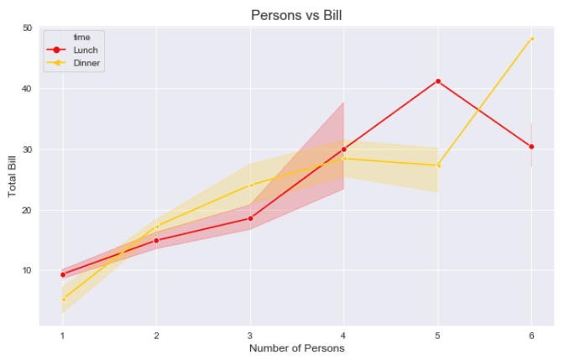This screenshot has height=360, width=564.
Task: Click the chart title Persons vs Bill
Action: click(x=297, y=15)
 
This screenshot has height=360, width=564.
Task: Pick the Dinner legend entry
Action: click(x=86, y=63)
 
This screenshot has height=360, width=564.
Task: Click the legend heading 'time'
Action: click(x=81, y=37)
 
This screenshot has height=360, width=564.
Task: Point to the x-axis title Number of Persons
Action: click(x=296, y=348)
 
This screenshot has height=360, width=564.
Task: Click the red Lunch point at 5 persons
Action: click(x=437, y=81)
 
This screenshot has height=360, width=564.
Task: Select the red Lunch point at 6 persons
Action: click(x=531, y=147)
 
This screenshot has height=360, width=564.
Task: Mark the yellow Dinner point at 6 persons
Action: click(x=531, y=39)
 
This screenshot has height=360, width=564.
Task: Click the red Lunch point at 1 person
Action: click(x=62, y=274)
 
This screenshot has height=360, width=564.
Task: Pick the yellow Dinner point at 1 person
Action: click(x=62, y=300)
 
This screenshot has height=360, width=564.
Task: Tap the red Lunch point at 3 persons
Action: click(x=250, y=218)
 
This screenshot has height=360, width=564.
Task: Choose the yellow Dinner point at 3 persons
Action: click(x=250, y=185)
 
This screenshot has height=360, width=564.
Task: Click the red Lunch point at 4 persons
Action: click(x=344, y=149)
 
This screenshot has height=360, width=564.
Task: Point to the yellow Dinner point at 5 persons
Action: click(x=437, y=165)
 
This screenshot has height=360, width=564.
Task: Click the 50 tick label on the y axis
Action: click(x=28, y=29)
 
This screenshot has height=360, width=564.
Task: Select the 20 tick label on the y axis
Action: click(x=28, y=210)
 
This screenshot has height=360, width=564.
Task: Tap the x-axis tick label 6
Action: click(x=531, y=335)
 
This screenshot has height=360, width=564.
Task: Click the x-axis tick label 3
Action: click(x=250, y=335)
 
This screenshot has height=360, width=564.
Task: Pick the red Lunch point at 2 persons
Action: click(x=156, y=240)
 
